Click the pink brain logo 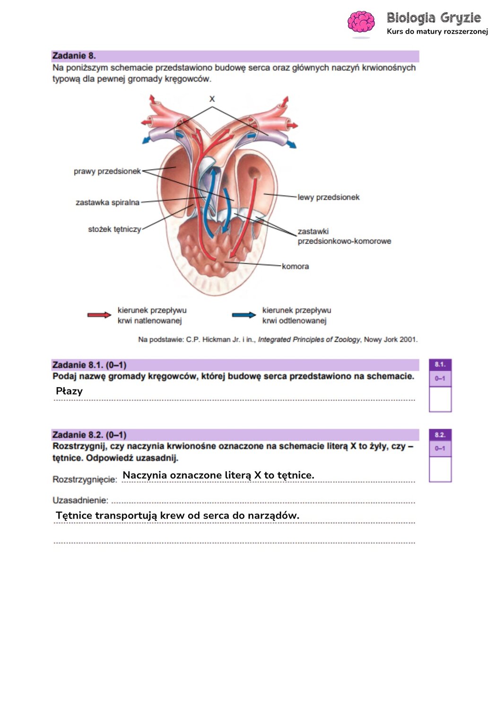[x=361, y=22]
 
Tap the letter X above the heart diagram [x=212, y=99]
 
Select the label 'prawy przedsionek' [x=107, y=171]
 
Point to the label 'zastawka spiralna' [x=107, y=202]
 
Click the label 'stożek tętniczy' [x=114, y=229]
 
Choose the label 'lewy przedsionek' [x=329, y=197]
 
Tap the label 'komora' [x=295, y=266]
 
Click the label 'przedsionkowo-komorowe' [x=345, y=241]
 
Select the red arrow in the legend [x=99, y=315]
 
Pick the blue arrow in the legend [x=244, y=315]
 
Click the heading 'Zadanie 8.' [x=74, y=56]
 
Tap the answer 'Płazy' [x=69, y=391]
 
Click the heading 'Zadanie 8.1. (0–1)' [x=89, y=365]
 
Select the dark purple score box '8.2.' [x=440, y=435]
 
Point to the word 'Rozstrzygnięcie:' [x=85, y=480]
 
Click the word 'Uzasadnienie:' [x=80, y=500]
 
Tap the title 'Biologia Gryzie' [x=434, y=18]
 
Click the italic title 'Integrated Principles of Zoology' [x=309, y=340]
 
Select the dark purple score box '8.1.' [x=440, y=364]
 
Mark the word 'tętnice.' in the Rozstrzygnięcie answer [x=295, y=475]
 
